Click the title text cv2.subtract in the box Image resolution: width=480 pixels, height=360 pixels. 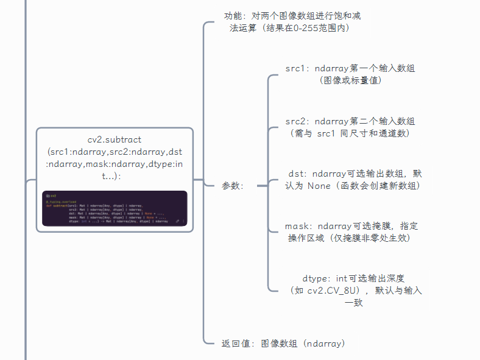point(115,139)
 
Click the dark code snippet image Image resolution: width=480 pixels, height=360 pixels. point(115,208)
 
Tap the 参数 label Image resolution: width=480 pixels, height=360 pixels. point(231,186)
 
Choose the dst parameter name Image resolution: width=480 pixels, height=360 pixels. point(297,174)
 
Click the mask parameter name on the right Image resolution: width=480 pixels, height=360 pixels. point(297,226)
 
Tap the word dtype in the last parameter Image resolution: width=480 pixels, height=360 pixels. point(316,278)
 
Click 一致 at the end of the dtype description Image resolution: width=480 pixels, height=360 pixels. point(354,302)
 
